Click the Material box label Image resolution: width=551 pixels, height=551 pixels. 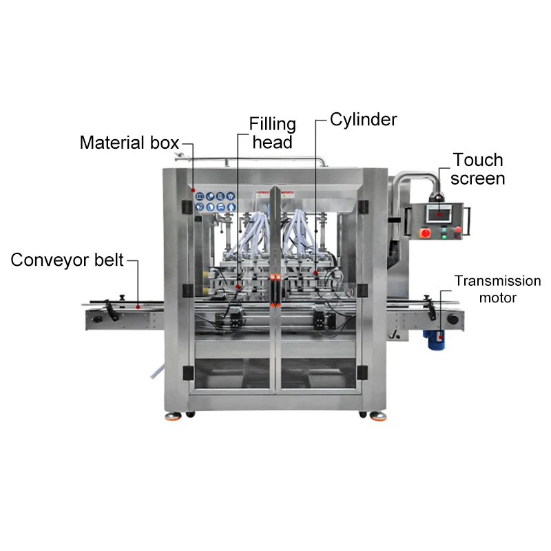tap(129, 143)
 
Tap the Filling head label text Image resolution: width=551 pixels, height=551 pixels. tap(272, 134)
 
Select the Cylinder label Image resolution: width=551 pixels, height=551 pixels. tap(363, 119)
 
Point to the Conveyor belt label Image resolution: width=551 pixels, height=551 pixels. tap(67, 260)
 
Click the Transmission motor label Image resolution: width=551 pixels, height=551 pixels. tap(497, 289)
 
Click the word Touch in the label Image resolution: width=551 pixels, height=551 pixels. tap(478, 160)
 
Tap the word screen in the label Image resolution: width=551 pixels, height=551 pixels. tap(479, 178)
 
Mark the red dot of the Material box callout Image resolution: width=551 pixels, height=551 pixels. tap(193, 190)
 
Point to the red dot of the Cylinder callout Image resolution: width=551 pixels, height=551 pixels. tap(316, 273)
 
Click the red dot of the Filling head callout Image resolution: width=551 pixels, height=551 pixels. tap(238, 285)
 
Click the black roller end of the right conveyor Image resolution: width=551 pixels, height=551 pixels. tap(453, 320)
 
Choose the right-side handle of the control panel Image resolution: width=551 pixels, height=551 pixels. tap(469, 222)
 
